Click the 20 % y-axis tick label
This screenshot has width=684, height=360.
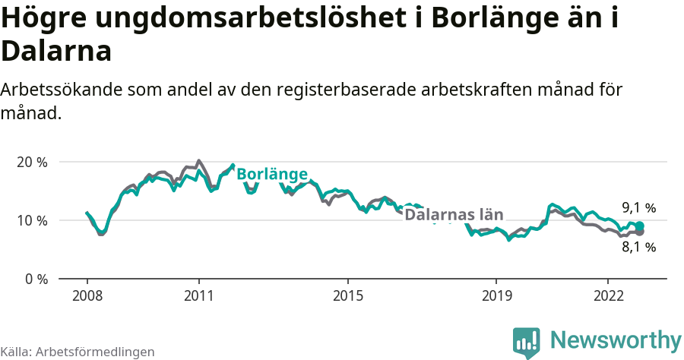pos(32,162)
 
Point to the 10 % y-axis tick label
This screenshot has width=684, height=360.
pos(32,220)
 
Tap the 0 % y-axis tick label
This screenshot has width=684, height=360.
pos(36,279)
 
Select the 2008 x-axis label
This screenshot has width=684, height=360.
pos(87,295)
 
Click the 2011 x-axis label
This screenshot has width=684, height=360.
pos(198,295)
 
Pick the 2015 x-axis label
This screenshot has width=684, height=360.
pos(347,295)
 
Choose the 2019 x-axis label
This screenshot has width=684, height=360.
pos(496,295)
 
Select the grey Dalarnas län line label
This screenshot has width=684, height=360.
pos(454,215)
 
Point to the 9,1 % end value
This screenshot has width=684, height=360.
pos(638,207)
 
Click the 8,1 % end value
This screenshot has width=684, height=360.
pos(638,247)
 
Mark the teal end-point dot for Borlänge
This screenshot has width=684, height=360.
pos(640,226)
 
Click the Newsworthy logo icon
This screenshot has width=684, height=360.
pos(526,343)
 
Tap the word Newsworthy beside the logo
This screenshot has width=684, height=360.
pos(616,339)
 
